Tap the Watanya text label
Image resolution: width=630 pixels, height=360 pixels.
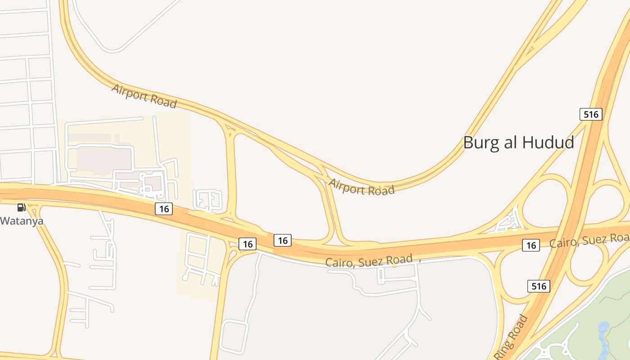coord(22,221)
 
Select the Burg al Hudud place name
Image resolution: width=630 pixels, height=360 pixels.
coord(518,143)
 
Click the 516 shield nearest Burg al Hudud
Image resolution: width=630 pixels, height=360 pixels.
coord(590,114)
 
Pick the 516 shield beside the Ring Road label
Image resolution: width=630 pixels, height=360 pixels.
coord(538,286)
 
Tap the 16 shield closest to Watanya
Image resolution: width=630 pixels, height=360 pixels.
coord(164,209)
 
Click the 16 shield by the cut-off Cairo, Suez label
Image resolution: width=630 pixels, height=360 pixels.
coord(531,245)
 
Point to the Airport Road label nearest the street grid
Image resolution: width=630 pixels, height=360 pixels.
coord(144,96)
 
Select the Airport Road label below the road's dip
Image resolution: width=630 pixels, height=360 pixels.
coord(361,187)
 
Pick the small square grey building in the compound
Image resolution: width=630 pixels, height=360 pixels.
coord(154,183)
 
